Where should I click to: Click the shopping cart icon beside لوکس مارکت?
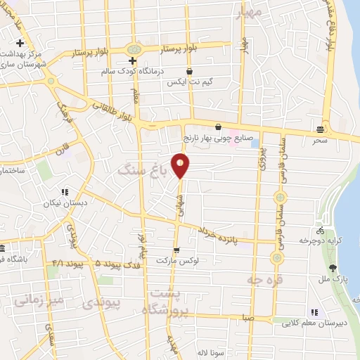176,249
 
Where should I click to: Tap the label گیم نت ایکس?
189,82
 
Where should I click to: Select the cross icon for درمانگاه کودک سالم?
132,61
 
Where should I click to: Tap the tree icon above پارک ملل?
333,268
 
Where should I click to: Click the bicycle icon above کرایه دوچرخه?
321,230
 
